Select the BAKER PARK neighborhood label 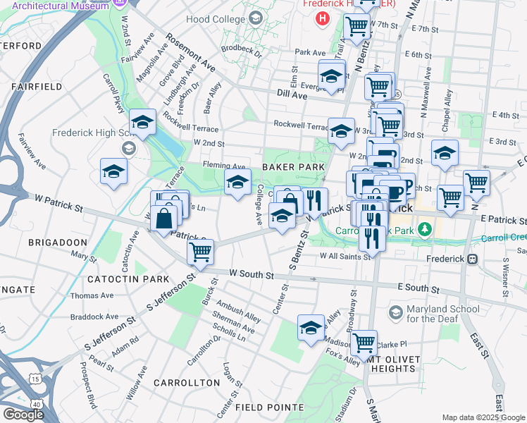293,166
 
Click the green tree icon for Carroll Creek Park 424,229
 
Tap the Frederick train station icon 473,259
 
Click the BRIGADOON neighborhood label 56,242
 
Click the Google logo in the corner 23,415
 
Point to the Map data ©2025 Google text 483,417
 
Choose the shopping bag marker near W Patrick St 164,219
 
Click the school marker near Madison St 311,327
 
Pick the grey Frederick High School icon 128,148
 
